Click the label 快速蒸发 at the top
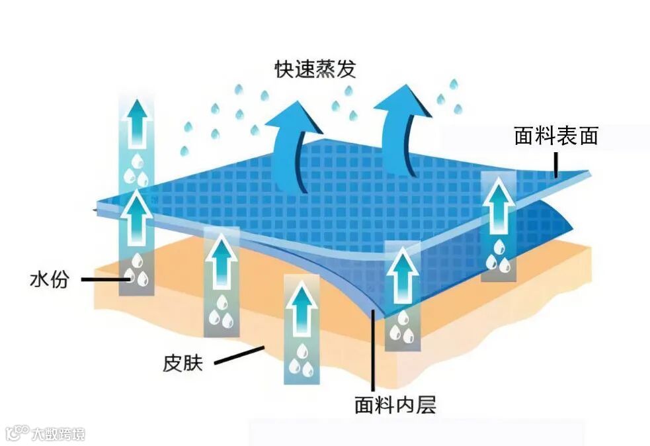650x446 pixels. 315,69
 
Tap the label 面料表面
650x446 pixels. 555,136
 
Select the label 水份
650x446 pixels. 49,280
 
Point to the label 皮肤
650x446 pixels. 183,363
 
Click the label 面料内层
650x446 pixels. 395,404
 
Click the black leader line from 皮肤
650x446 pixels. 239,355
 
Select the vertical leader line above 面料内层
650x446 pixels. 374,351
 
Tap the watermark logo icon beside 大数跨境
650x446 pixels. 17,433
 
